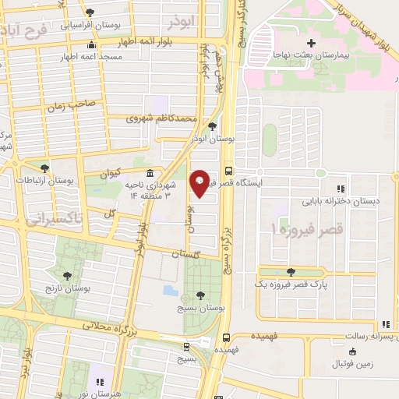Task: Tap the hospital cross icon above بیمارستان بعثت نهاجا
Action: (311, 42)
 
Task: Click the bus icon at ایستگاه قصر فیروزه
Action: (228, 171)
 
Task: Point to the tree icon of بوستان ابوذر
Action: (213, 125)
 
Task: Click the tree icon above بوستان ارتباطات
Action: (44, 168)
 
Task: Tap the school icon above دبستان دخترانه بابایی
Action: (339, 188)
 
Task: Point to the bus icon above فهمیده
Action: (226, 338)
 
